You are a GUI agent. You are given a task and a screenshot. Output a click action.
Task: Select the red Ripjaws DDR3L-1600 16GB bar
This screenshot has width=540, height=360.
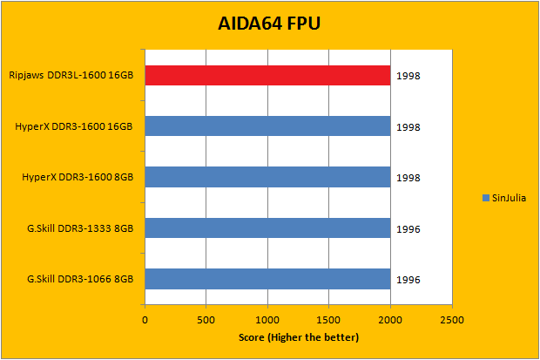pos(267,76)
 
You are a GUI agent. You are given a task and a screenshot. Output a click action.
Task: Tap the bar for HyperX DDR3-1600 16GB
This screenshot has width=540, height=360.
pos(267,127)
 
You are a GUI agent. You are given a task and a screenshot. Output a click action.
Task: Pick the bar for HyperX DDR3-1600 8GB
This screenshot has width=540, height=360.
pos(267,178)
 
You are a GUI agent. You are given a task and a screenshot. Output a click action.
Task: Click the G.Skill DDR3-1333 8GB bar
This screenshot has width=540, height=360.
pos(267,228)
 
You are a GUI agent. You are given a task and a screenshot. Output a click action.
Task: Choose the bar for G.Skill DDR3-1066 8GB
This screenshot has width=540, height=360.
pos(267,279)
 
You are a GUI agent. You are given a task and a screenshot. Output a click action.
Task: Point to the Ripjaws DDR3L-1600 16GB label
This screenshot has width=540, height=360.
pos(71,76)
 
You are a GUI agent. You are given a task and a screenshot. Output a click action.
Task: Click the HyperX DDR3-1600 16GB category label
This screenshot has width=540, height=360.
pos(74,127)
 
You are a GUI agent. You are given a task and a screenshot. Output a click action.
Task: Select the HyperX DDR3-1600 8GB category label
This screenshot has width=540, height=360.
pos(78,178)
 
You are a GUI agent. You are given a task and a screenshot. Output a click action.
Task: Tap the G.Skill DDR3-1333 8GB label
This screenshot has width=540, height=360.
pos(80,228)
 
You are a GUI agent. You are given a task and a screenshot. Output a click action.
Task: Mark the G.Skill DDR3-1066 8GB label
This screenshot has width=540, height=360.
pos(80,279)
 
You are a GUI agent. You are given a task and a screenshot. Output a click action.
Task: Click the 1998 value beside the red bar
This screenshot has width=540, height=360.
pos(408,77)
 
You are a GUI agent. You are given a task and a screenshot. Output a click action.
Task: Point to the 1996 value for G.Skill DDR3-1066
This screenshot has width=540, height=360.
pos(408,280)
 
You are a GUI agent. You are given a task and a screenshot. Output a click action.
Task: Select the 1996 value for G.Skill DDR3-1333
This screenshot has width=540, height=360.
pos(408,229)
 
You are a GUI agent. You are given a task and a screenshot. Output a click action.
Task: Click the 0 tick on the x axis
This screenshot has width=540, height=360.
pos(145,319)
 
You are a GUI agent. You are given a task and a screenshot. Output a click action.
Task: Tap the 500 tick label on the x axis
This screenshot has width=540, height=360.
pos(206,319)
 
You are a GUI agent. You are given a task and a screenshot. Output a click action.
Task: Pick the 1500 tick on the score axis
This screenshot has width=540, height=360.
pos(328,319)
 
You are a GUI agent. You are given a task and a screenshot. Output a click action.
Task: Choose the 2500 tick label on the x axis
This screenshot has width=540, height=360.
pos(451,319)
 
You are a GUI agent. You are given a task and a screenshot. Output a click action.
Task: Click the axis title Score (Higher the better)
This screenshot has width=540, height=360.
pos(298,337)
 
